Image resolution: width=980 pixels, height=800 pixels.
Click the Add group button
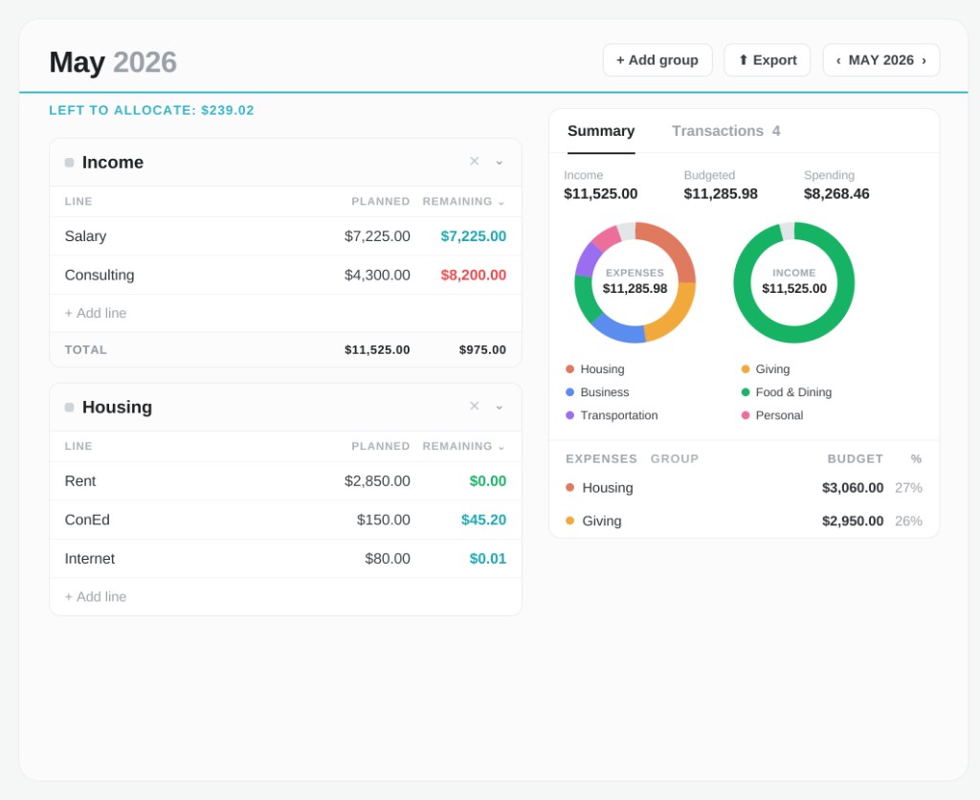click(657, 60)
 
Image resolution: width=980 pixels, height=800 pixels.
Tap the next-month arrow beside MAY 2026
click(924, 60)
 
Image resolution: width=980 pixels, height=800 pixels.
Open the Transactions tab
click(725, 131)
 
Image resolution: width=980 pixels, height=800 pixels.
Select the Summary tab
click(601, 131)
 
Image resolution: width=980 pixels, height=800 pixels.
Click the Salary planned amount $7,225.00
click(377, 236)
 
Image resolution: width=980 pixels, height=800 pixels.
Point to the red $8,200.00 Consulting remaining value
click(473, 275)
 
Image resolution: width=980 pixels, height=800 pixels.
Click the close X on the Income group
click(475, 162)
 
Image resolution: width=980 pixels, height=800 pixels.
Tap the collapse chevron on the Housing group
click(500, 407)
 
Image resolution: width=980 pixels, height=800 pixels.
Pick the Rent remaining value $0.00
click(487, 481)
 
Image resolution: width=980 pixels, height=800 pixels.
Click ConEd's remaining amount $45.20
click(483, 520)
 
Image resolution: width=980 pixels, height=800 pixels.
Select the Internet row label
click(89, 559)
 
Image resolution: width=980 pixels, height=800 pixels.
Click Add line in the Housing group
click(96, 597)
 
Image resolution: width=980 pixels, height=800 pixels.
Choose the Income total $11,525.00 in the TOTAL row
click(377, 350)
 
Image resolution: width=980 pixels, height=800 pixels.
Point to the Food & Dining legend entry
click(787, 392)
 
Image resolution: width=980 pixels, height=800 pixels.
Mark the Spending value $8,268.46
click(836, 193)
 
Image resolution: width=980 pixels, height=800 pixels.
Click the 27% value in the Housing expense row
click(908, 487)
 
